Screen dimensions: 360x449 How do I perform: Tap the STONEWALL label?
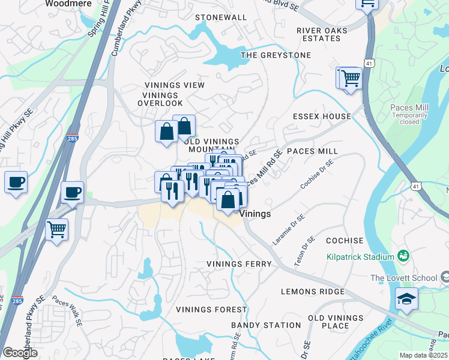point(221,17)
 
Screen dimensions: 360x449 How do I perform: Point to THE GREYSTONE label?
point(276,55)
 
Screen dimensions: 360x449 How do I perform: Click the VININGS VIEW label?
point(174,85)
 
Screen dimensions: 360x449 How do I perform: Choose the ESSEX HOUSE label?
point(322,116)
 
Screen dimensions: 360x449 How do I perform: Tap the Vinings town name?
point(255,214)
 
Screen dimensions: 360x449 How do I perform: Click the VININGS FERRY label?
point(239,264)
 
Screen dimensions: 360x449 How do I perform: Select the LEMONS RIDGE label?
point(313,292)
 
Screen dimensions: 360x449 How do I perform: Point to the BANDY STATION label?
point(266,325)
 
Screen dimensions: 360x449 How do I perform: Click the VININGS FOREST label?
point(211,310)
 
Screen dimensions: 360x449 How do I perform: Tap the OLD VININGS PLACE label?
point(328,322)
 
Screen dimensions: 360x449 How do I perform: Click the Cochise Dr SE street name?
point(317,174)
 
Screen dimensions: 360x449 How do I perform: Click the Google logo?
point(20,353)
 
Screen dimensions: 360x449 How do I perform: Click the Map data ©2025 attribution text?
point(423,355)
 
